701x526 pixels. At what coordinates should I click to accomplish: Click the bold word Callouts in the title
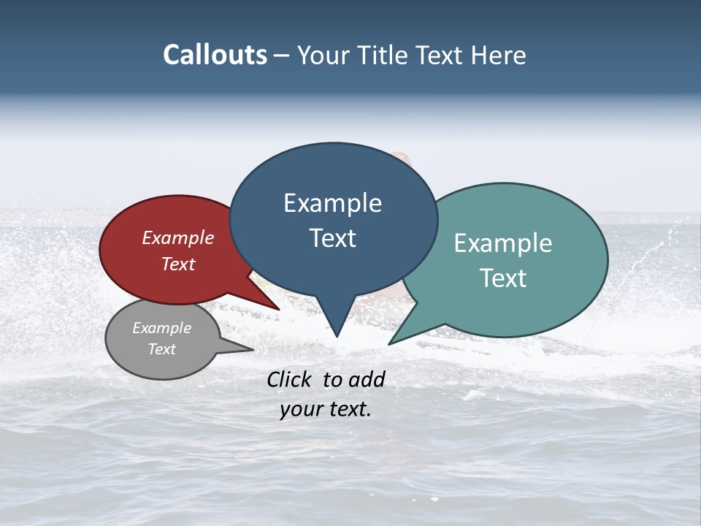pyautogui.click(x=215, y=55)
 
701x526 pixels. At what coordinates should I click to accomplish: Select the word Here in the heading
pyautogui.click(x=499, y=55)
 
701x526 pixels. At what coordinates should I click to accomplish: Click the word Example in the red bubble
pyautogui.click(x=178, y=237)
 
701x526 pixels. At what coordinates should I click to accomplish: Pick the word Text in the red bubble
pyautogui.click(x=178, y=264)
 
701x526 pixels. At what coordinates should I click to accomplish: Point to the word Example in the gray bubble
pyautogui.click(x=161, y=328)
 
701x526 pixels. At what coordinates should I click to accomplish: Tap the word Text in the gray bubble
pyautogui.click(x=161, y=349)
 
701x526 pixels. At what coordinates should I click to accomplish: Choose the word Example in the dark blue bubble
pyautogui.click(x=332, y=203)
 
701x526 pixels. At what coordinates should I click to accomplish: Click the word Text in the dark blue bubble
pyautogui.click(x=332, y=238)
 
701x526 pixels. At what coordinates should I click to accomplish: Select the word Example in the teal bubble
pyautogui.click(x=503, y=243)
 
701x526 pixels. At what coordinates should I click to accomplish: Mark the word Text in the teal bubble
pyautogui.click(x=503, y=278)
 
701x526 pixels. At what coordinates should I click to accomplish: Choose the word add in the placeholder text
pyautogui.click(x=367, y=379)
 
